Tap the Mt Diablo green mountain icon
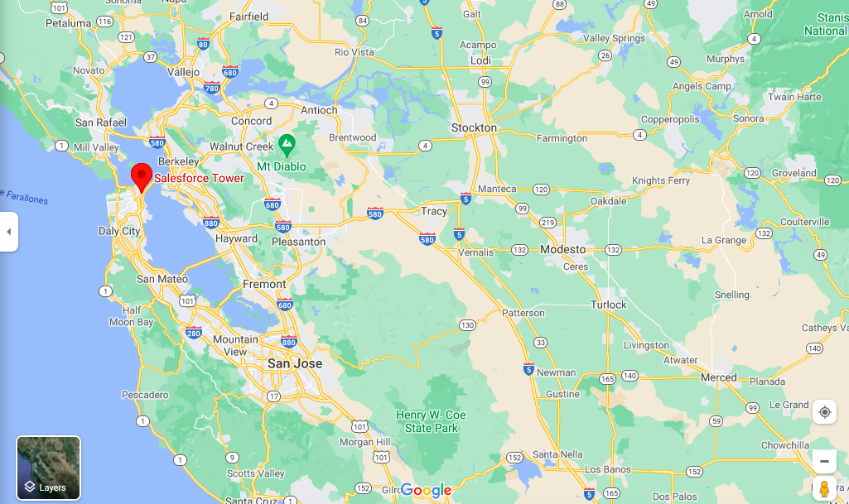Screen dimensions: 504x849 coord(287,146)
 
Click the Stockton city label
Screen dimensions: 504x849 coord(474,127)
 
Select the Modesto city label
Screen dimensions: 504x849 coord(562,249)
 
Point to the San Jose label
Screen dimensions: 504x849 coord(294,363)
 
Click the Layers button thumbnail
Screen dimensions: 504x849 coord(49,468)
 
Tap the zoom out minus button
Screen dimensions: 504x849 coord(824,461)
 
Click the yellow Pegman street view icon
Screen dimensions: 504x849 coord(824,488)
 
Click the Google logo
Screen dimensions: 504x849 coord(426,490)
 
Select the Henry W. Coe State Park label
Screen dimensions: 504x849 coord(431,421)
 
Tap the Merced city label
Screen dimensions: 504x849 coord(718,377)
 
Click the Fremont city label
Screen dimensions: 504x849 coord(264,284)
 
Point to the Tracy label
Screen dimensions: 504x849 coord(433,211)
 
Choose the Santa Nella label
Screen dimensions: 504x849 coord(557,454)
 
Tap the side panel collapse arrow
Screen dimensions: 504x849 coord(8,232)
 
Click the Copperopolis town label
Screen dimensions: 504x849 coord(670,119)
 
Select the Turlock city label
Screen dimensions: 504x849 coord(609,305)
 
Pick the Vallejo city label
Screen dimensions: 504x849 coord(183,72)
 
